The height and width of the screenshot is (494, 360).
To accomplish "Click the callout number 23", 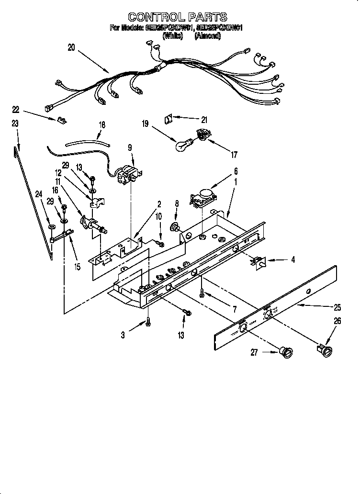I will (15, 123).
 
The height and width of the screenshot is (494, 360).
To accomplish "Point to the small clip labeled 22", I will (61, 120).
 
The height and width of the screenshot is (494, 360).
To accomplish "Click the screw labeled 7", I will (203, 291).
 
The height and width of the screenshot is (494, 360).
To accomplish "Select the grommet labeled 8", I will (176, 226).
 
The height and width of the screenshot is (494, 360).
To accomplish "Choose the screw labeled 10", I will (161, 245).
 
